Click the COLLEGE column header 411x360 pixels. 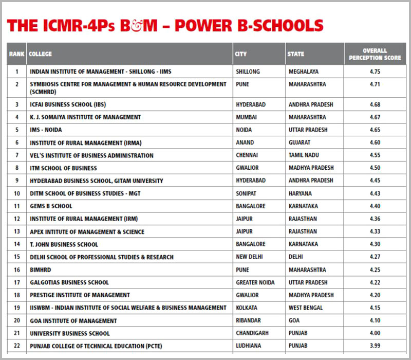pos(41,54)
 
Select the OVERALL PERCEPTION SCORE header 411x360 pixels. pos(375,54)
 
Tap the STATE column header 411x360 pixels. pos(296,54)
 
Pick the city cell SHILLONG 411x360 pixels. pos(248,71)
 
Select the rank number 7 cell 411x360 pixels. pos(17,155)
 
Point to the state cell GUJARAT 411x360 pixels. pos(301,142)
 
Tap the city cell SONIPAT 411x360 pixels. pos(247,193)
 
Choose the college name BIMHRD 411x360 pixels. pos(41,269)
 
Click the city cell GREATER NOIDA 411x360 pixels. pos(255,282)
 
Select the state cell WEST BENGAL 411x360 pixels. pos(306,308)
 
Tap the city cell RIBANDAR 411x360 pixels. pos(249,320)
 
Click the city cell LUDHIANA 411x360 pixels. pos(249,346)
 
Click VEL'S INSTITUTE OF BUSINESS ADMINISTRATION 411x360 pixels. pos(91,155)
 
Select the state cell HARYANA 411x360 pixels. pos(301,193)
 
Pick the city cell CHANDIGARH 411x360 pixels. pos(252,333)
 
